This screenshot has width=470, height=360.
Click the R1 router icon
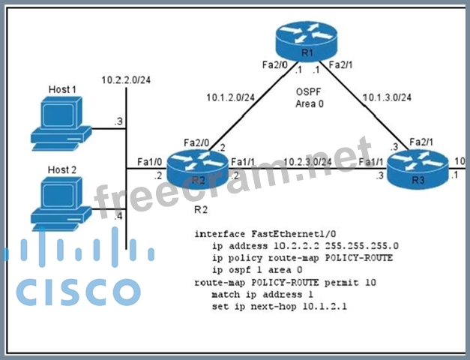[x=307, y=42]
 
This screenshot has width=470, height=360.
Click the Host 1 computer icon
[x=59, y=121]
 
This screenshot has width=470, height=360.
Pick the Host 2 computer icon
[x=58, y=199]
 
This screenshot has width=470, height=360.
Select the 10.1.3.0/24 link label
[x=386, y=97]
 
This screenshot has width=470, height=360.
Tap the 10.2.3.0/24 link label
[x=308, y=160]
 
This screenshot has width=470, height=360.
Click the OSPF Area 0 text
[x=308, y=97]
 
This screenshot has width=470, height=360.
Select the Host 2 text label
[x=62, y=169]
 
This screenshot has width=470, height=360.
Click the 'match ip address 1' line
[x=265, y=295]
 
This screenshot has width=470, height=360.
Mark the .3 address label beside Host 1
[x=118, y=120]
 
